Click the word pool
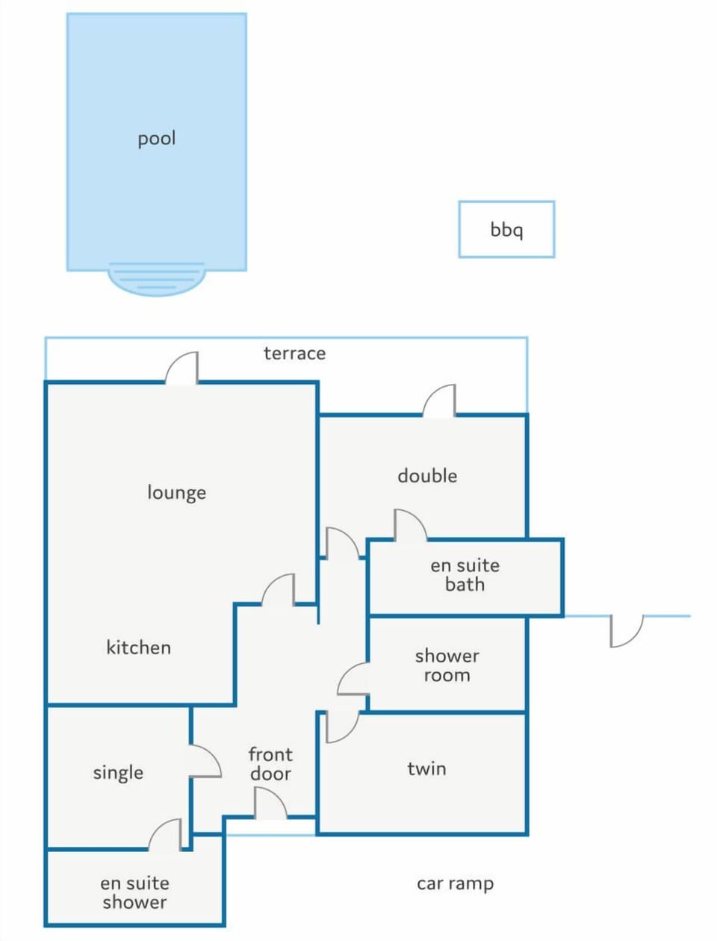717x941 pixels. coord(156,140)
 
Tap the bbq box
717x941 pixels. coord(506,229)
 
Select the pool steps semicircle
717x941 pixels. coord(157,279)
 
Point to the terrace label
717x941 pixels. coord(294,353)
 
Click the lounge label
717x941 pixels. coord(176,493)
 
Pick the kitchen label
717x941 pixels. coord(138,647)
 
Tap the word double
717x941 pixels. coord(427,476)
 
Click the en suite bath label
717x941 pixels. coord(465,575)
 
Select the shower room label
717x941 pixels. coord(447,665)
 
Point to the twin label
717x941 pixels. coord(427,768)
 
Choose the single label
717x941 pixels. coord(118,773)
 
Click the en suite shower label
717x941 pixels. coord(134,892)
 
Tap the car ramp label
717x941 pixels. coord(455,884)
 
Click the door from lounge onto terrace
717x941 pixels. coord(181,368)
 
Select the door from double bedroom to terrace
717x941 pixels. coord(439,400)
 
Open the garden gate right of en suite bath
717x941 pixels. coord(627,631)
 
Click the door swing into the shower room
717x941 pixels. coord(353,678)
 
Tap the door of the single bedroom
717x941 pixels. coord(205,761)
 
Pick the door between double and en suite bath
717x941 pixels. coord(410,526)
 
